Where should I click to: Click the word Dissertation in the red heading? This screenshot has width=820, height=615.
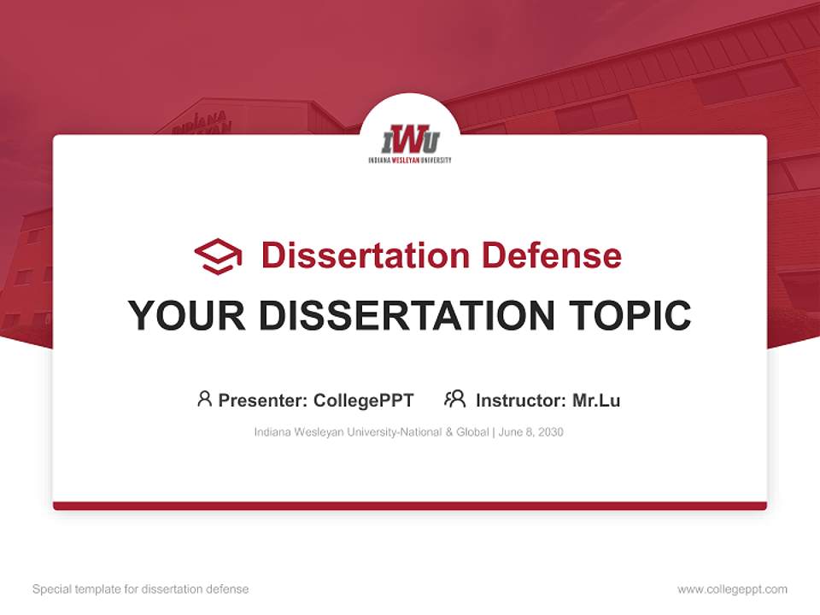[365, 255]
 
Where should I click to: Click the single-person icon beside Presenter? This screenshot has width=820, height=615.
[204, 399]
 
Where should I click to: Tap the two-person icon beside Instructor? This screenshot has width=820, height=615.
[454, 399]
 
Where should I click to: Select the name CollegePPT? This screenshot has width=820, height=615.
[364, 401]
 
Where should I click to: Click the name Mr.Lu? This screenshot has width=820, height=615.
[596, 401]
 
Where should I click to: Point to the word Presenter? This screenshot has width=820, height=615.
[263, 401]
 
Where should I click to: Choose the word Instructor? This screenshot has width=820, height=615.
[520, 401]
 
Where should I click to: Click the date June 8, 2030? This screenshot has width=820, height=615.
[530, 432]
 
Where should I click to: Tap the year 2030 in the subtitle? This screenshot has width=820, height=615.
[550, 432]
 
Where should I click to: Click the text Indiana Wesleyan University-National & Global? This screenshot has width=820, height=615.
[372, 432]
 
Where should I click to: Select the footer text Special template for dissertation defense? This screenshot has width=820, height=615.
[141, 589]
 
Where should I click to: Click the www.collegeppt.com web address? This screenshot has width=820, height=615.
[732, 589]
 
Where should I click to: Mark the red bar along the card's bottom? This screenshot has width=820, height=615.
[410, 506]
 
